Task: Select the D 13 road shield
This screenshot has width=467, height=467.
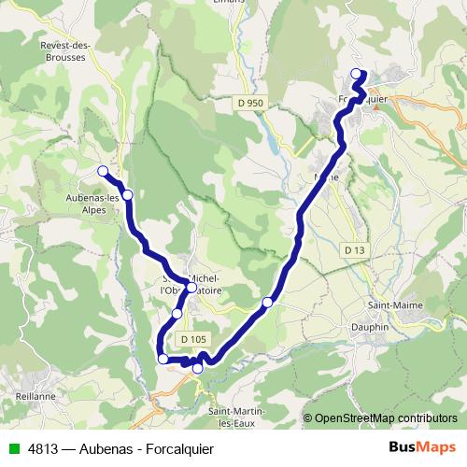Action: tap(354, 250)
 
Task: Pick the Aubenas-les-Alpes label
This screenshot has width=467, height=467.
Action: tap(93, 204)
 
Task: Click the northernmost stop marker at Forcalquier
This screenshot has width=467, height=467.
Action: tap(355, 74)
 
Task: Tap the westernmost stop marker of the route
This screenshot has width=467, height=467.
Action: tap(103, 170)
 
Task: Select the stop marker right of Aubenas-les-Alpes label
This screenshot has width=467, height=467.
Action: tap(128, 194)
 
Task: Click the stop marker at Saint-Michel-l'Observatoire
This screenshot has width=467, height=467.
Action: tap(191, 288)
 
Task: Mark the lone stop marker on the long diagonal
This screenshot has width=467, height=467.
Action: tap(268, 302)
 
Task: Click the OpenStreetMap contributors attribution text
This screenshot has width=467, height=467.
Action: tap(386, 417)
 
